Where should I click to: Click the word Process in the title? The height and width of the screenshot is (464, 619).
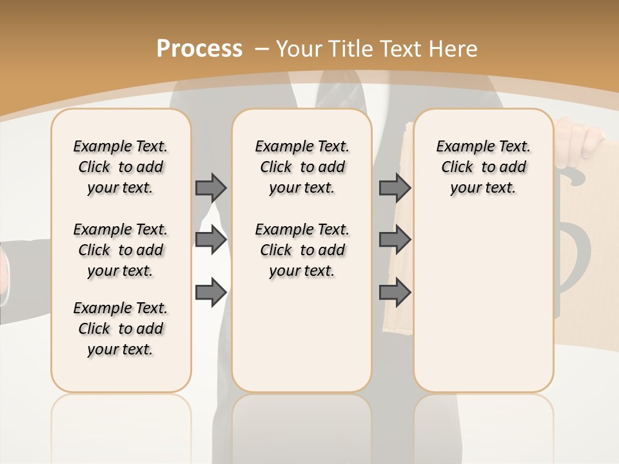click(x=199, y=48)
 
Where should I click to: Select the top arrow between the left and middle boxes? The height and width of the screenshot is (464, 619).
click(x=211, y=188)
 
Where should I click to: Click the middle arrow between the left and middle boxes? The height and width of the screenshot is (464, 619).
click(x=211, y=240)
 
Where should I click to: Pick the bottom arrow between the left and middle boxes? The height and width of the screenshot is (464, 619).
click(x=211, y=293)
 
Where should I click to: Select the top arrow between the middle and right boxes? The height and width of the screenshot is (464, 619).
click(x=395, y=188)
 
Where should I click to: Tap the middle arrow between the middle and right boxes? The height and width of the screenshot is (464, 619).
click(x=395, y=240)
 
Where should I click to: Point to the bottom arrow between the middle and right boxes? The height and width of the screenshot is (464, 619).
click(x=395, y=293)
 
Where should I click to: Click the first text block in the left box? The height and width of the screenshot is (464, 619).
click(x=121, y=167)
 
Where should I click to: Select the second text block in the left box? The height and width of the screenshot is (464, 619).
click(x=121, y=250)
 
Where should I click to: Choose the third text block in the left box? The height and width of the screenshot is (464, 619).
click(x=121, y=329)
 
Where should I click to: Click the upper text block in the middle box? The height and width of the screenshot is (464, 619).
click(x=302, y=167)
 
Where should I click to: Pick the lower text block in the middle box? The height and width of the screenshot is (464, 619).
click(x=302, y=250)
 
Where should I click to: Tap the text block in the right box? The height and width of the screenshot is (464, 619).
click(x=483, y=167)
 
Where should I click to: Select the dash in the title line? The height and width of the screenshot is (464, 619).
click(x=262, y=48)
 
